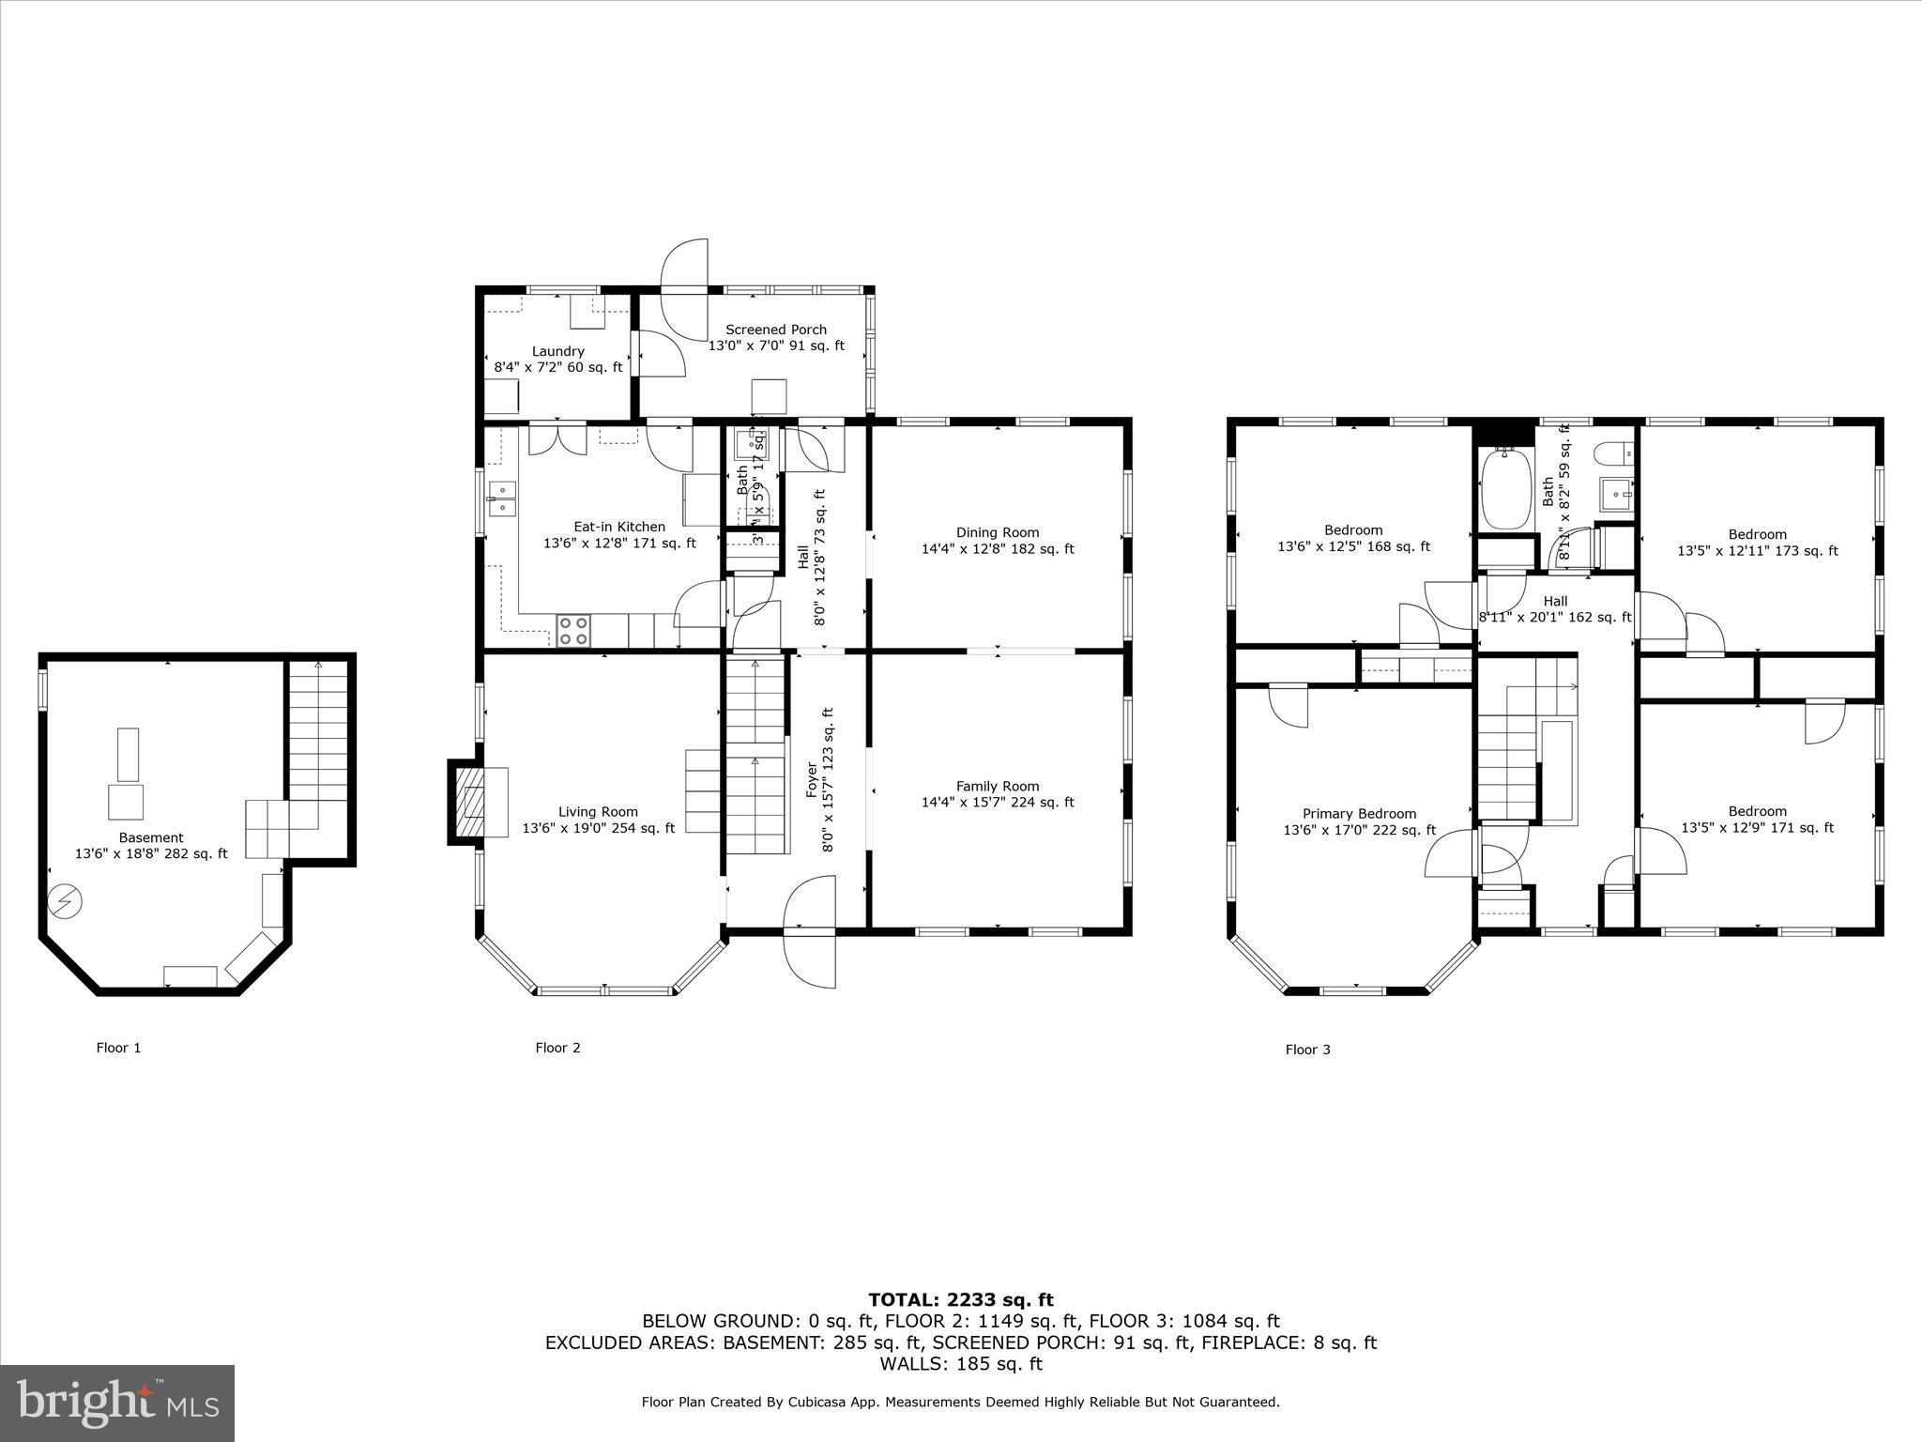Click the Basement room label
(x=151, y=837)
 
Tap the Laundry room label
(x=558, y=351)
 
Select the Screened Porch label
(x=776, y=330)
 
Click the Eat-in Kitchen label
(x=619, y=527)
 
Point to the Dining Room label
(x=998, y=532)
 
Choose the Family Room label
(x=998, y=787)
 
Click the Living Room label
(x=598, y=812)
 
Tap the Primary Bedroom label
(x=1359, y=814)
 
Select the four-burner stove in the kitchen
(x=572, y=630)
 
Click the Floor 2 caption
(x=557, y=1048)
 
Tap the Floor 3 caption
(x=1307, y=1050)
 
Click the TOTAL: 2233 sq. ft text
(x=960, y=1300)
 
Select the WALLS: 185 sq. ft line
(x=960, y=1364)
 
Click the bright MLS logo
(x=117, y=1404)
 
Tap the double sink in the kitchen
(x=501, y=499)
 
